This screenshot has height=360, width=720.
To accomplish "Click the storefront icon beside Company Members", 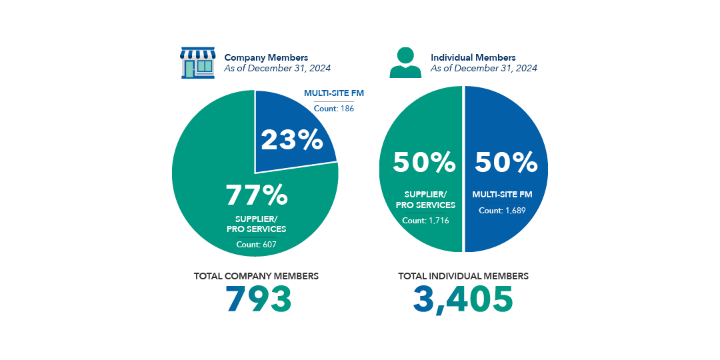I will [198, 63].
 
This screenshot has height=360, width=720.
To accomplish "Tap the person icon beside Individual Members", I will [405, 63].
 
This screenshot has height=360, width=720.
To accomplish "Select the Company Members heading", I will [266, 58].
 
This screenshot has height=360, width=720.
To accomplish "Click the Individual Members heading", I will [473, 58].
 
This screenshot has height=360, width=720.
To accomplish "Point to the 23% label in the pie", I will [292, 140].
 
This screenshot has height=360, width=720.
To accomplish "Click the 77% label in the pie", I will [257, 195].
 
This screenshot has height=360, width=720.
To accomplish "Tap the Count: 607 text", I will [256, 245].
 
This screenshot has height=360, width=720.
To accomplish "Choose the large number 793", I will [259, 299].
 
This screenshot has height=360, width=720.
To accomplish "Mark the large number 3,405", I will [463, 299].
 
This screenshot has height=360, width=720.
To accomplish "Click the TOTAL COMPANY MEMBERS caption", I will [256, 275].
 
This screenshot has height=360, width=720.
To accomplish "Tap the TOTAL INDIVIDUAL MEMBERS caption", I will [463, 275].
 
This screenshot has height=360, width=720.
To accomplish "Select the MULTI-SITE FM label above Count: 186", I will [334, 93].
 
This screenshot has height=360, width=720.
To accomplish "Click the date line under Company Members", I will [277, 68].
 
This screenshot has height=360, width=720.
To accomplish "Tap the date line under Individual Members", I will [484, 68].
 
